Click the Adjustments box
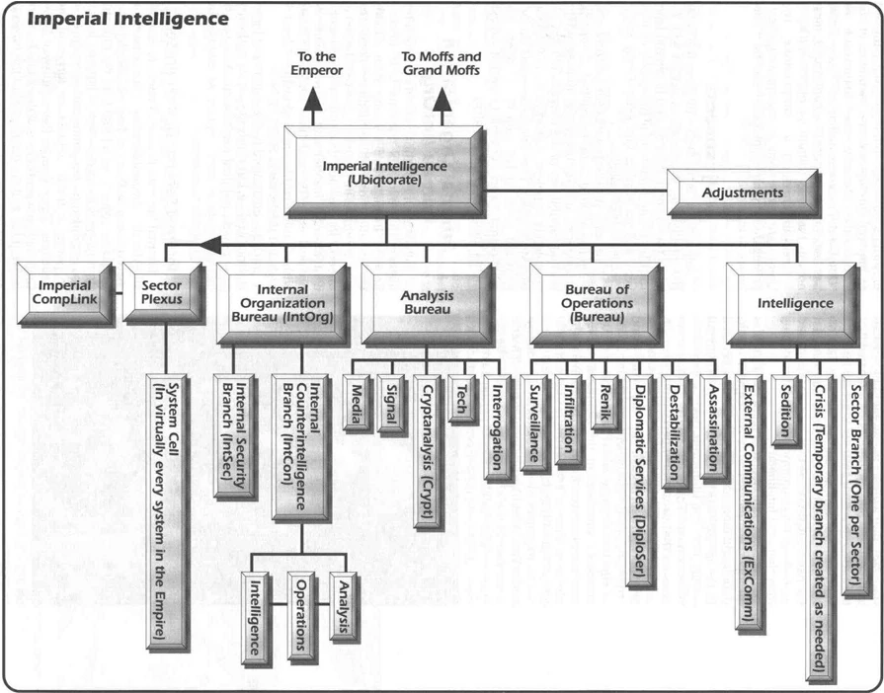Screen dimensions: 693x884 click(x=742, y=192)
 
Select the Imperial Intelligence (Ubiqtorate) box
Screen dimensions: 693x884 click(x=384, y=173)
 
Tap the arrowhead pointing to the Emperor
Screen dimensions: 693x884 click(x=314, y=99)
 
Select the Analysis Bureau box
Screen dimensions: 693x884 click(x=425, y=302)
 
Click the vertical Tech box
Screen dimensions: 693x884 click(x=458, y=401)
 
